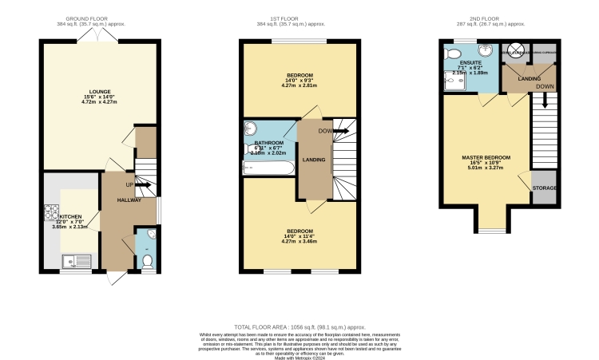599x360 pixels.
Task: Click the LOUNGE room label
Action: coord(101,92)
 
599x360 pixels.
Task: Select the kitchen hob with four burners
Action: coord(51,214)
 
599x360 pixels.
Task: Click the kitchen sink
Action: coord(78,259)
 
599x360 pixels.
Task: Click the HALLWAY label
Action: coord(129,200)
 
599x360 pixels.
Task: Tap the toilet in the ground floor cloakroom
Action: coord(145,261)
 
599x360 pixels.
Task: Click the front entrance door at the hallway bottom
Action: coord(117,278)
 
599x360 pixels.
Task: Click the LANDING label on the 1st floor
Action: coord(314,160)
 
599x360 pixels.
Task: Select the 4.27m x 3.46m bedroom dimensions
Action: coord(300,241)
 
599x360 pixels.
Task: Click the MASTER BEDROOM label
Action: coord(486,157)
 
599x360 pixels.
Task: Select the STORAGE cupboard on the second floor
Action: coord(544,188)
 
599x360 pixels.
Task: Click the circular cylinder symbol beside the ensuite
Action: coord(516,50)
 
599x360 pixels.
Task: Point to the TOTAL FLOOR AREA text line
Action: coord(299,327)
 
